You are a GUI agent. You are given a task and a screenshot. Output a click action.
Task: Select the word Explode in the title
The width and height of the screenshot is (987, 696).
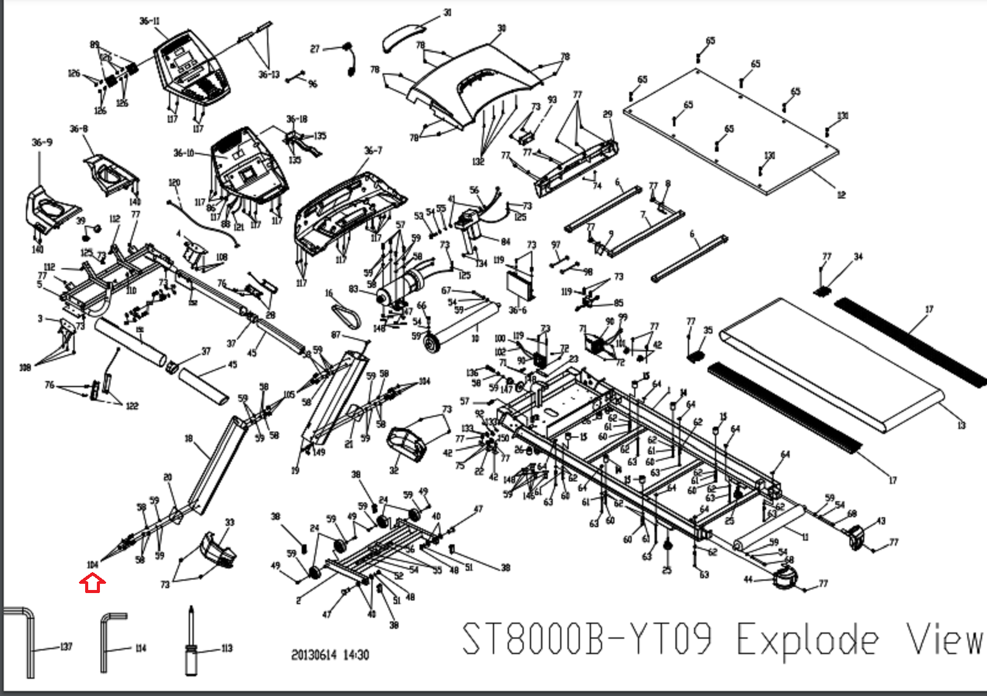click(x=807, y=639)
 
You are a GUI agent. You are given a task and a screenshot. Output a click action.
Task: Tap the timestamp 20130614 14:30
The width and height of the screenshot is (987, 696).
click(x=330, y=655)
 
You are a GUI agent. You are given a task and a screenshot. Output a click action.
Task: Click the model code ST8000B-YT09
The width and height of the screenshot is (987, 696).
click(x=587, y=639)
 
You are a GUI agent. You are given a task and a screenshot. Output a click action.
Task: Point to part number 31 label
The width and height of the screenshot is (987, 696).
click(x=448, y=12)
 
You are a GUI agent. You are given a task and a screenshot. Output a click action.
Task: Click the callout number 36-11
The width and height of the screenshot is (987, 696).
click(x=149, y=22)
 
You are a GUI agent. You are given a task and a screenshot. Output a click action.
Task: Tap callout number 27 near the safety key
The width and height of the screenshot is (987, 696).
click(x=315, y=49)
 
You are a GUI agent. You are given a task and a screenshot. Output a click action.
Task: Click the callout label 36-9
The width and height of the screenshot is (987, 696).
click(x=42, y=142)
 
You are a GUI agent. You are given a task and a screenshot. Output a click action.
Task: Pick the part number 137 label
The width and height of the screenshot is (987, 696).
click(x=66, y=647)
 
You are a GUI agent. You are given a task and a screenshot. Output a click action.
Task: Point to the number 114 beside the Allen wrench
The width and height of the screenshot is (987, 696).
click(x=141, y=648)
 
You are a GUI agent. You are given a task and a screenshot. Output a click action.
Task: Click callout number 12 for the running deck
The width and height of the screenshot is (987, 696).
click(x=841, y=195)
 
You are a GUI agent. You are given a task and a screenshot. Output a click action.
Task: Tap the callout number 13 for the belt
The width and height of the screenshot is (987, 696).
click(x=961, y=425)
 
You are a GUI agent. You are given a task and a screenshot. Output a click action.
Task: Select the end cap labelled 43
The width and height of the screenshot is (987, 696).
click(x=856, y=538)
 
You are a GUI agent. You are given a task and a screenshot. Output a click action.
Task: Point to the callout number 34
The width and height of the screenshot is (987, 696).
click(x=858, y=256)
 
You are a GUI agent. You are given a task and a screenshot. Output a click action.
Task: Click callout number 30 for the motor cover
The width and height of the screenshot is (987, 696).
click(x=502, y=28)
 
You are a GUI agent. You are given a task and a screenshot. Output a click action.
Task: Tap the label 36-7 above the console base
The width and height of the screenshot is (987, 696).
click(x=373, y=150)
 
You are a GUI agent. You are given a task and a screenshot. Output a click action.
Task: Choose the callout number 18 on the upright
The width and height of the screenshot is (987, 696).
click(x=189, y=438)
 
